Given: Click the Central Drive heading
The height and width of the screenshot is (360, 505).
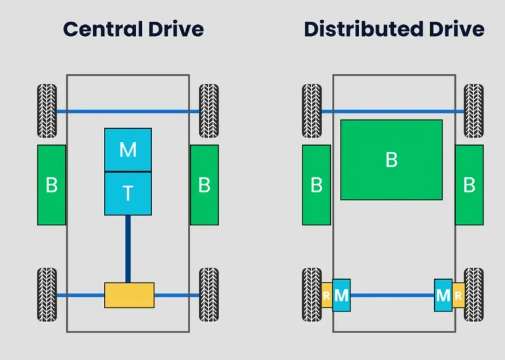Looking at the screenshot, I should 133,30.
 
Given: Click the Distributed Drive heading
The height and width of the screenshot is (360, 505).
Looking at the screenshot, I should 394,30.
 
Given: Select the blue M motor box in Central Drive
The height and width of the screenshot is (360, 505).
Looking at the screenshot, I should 128,150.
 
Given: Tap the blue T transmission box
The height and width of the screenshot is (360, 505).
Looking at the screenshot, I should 128,193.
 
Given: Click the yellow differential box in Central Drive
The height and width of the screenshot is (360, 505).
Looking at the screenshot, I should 129,295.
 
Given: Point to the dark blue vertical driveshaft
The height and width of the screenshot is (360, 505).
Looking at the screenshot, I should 128,248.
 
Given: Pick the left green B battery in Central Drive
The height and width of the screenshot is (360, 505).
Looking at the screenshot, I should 51,185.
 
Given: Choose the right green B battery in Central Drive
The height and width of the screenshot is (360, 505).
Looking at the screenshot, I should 204,185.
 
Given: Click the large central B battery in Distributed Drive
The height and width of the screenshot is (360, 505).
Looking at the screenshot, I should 391,160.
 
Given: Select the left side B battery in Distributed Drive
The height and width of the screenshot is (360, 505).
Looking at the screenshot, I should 316,185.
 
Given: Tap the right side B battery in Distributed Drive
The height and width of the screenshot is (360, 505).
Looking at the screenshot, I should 469,185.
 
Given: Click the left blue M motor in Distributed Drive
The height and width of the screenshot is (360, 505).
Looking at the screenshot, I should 341,296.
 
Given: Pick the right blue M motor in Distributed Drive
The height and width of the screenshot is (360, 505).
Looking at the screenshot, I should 443,296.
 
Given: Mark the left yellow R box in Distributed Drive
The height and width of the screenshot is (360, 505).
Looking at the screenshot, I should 326,296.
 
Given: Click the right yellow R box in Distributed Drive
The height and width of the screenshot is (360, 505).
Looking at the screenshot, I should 458,296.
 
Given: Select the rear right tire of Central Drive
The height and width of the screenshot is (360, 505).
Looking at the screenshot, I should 209,294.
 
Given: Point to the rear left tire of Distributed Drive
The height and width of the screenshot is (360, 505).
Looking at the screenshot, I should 312,294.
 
